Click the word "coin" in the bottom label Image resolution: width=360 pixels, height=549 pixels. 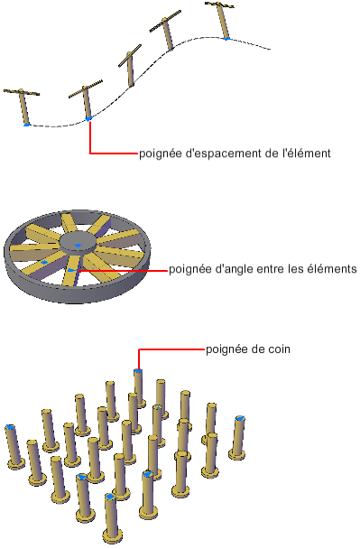click(x=279, y=349)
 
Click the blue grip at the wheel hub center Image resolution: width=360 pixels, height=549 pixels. click(x=78, y=245)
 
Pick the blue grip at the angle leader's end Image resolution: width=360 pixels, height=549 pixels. click(x=71, y=270)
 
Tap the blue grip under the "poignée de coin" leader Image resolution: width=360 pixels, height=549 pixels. click(x=138, y=370)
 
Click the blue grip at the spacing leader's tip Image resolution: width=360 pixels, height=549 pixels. click(x=88, y=119)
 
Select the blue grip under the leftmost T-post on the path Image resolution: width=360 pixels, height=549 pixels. click(x=26, y=125)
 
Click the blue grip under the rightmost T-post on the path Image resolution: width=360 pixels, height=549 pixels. click(x=227, y=38)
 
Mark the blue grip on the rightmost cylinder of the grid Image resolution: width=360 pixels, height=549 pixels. click(x=240, y=418)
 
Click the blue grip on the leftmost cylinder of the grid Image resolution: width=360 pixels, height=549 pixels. click(x=10, y=427)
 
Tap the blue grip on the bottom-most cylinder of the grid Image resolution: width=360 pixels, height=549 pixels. click(x=110, y=497)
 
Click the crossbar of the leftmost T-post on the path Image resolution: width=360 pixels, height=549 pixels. click(x=22, y=92)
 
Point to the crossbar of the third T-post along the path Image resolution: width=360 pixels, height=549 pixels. click(x=130, y=55)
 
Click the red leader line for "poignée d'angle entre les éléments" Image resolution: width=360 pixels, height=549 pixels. click(x=123, y=270)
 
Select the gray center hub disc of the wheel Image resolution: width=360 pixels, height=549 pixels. click(x=78, y=242)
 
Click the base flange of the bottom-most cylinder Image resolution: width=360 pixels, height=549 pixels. click(x=113, y=535)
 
